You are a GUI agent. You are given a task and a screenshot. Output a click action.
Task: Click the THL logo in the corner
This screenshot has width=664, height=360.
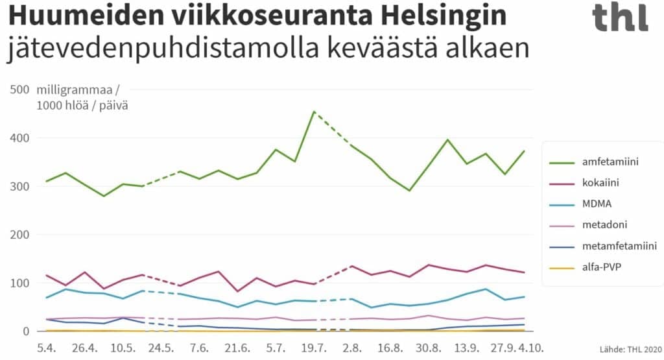pos(620,18)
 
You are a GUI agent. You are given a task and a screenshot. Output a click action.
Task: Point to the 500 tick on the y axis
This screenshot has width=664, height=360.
pos(19,90)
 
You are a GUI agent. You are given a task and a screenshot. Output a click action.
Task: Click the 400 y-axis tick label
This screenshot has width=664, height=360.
pos(19,138)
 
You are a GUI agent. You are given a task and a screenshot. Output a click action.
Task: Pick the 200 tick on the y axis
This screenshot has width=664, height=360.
pos(19,234)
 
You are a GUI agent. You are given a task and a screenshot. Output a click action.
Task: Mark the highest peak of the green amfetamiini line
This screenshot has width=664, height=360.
pos(314,112)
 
